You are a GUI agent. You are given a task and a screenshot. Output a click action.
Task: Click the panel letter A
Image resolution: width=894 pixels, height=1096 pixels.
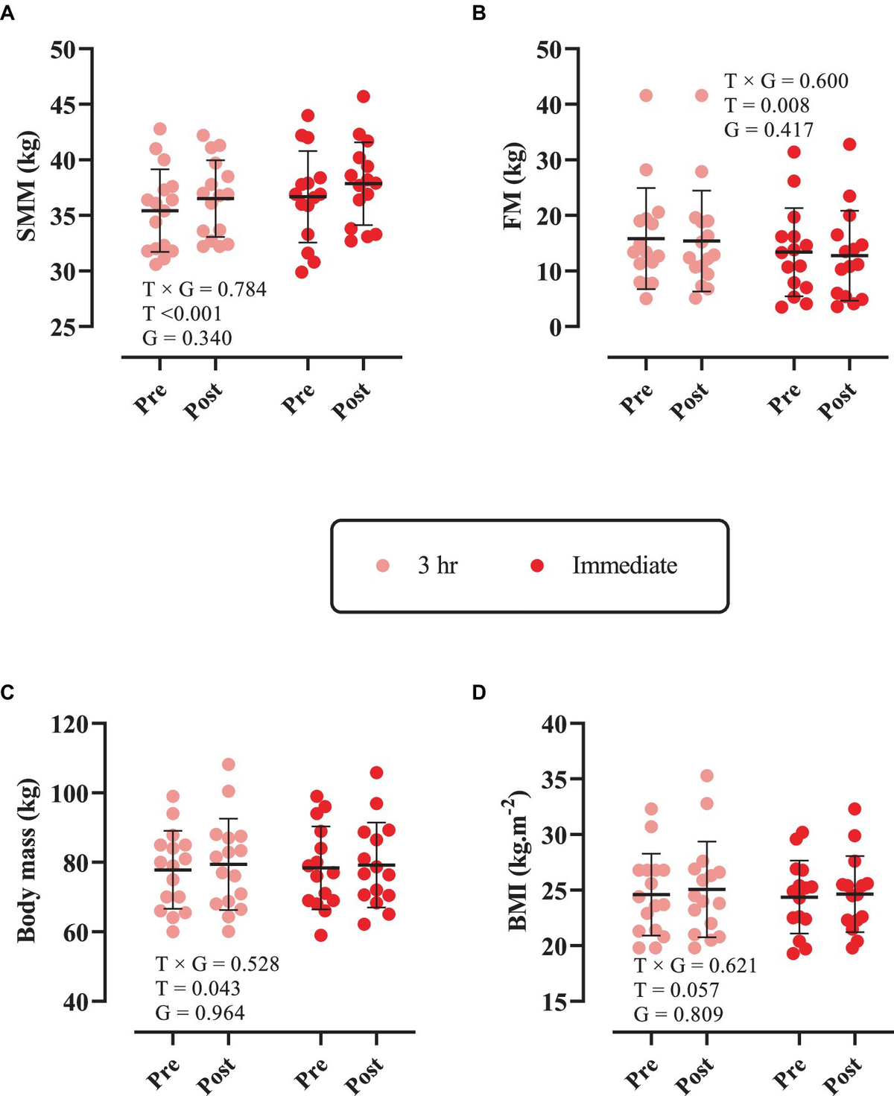coord(7,13)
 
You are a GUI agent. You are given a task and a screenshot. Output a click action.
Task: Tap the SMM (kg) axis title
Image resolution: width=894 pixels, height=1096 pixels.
coord(27,188)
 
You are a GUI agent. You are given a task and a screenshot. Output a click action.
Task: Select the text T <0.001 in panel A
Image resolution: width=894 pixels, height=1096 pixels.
coord(182,313)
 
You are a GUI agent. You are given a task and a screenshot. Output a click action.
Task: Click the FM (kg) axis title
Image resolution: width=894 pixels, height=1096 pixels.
coord(513,188)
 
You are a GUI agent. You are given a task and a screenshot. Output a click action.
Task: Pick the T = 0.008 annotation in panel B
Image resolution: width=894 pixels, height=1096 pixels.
coord(767,105)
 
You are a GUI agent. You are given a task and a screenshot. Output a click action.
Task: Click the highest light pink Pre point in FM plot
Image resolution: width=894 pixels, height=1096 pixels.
coord(646,95)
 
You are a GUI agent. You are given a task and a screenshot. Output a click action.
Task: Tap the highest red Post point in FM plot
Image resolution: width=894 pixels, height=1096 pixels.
coord(849,144)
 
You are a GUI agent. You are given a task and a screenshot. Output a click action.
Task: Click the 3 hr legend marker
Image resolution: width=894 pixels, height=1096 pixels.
coord(383,566)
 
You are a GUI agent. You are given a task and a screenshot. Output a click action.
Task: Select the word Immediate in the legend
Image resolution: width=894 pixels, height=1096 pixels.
coord(624,566)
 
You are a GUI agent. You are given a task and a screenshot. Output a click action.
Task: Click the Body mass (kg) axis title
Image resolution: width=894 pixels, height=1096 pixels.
coord(27,861)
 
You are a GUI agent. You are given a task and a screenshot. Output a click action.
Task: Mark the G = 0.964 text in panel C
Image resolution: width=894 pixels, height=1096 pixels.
coord(200,1013)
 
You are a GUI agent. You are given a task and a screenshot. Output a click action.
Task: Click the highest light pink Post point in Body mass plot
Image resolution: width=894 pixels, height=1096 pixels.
coord(229,765)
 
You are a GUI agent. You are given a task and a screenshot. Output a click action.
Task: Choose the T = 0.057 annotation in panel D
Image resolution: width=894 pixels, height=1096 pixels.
coord(676,990)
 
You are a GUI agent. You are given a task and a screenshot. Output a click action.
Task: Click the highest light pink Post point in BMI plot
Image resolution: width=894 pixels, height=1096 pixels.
coord(707,776)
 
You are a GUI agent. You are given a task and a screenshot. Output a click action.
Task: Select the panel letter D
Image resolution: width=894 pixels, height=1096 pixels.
coord(478,693)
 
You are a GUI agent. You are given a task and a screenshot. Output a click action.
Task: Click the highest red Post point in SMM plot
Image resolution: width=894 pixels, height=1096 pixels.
coord(364,96)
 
